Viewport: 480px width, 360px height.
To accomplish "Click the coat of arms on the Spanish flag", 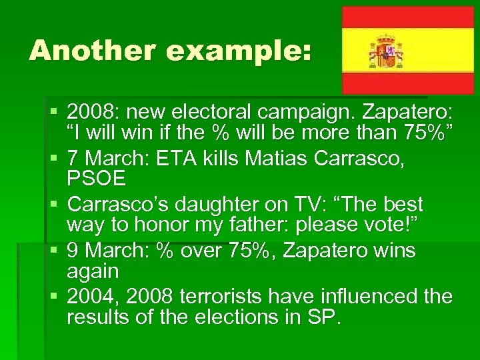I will [386, 50].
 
